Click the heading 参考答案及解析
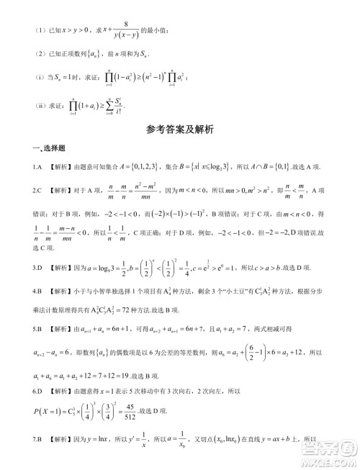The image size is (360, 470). [x=179, y=130]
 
